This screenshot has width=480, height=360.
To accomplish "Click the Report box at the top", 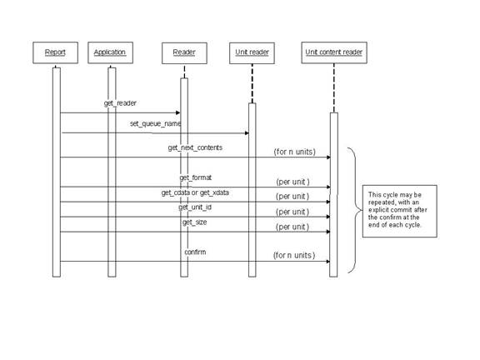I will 55,52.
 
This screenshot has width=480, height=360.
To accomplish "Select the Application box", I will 110,52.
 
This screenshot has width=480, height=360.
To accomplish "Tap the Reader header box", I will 184,52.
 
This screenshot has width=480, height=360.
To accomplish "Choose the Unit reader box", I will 250,52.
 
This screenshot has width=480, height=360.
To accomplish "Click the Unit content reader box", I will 333,52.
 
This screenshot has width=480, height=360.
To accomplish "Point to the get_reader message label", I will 120,104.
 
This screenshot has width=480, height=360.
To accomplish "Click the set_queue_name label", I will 155,123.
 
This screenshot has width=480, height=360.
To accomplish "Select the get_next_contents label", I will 195,147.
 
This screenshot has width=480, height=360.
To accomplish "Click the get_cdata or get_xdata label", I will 195,192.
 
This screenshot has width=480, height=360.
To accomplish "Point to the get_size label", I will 194,222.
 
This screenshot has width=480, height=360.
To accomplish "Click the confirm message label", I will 195,252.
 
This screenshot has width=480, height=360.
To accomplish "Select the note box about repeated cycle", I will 401,208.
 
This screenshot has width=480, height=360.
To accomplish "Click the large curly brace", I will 352,209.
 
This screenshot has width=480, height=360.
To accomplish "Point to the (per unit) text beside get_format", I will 292,181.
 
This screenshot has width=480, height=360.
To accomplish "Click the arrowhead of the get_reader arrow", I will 177,112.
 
